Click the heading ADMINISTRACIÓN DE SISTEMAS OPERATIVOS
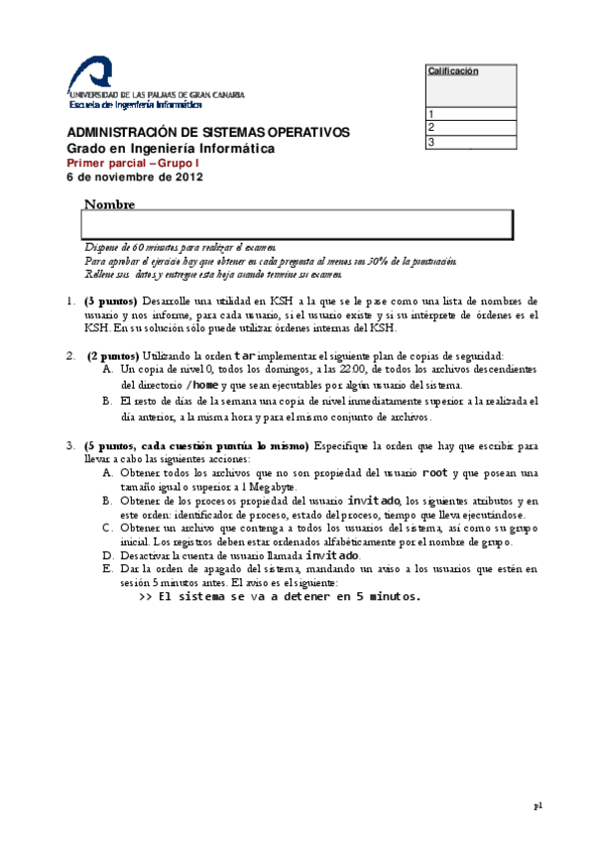pyautogui.click(x=207, y=133)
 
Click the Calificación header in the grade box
pyautogui.click(x=453, y=71)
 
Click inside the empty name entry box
pyautogui.click(x=297, y=224)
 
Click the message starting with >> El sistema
pyautogui.click(x=280, y=597)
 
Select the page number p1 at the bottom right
pyautogui.click(x=537, y=806)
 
